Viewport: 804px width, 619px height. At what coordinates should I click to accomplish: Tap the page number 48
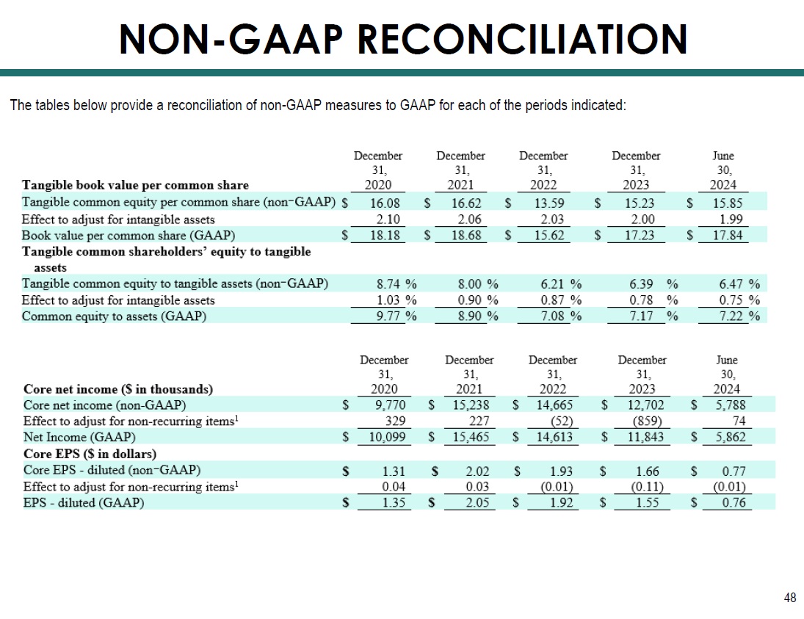coord(790,598)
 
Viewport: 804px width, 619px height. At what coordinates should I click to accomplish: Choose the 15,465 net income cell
coord(469,438)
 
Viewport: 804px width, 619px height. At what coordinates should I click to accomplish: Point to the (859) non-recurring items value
coord(645,421)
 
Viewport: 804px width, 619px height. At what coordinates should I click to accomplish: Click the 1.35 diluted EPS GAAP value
coord(390,503)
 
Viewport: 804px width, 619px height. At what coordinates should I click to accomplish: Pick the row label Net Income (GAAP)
coord(70,438)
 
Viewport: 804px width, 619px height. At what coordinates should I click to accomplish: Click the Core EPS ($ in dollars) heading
coord(90,454)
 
